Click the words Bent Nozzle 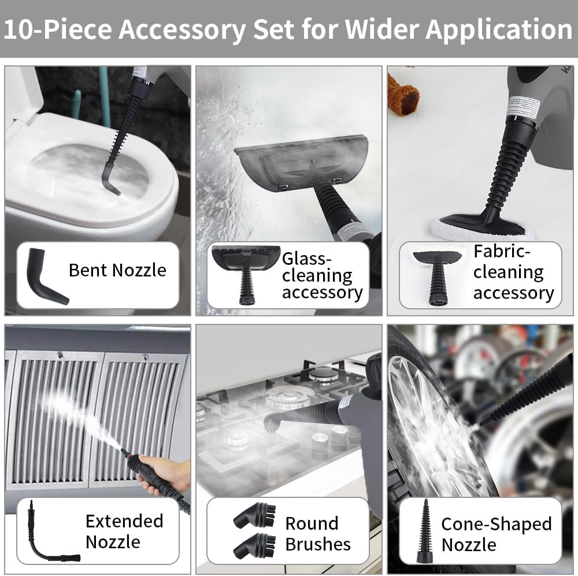[x=117, y=270]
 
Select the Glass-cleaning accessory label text [x=322, y=275]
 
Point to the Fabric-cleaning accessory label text [x=513, y=272]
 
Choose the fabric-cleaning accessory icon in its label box [x=438, y=276]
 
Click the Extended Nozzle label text [x=124, y=531]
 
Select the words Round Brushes [x=318, y=534]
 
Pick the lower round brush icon [x=255, y=545]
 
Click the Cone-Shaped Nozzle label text [x=496, y=534]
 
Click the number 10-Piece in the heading [x=57, y=29]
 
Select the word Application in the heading [x=499, y=29]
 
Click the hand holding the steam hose [x=162, y=476]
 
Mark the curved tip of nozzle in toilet [x=110, y=184]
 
